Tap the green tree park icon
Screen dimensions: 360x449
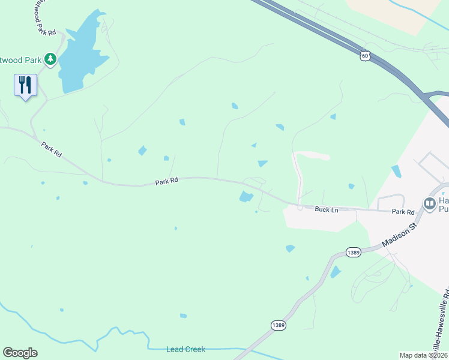[x=50, y=59]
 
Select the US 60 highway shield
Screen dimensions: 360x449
[x=366, y=56]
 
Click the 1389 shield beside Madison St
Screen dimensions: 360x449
[x=353, y=253]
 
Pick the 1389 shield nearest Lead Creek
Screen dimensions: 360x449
[x=277, y=325]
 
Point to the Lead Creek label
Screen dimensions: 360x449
[x=185, y=349]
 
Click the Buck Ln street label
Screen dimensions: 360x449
[x=327, y=209]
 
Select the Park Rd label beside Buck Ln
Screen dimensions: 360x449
[x=403, y=212]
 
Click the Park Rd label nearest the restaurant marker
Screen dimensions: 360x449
[x=52, y=149]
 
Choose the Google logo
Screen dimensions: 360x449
[x=20, y=353]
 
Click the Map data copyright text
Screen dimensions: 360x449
[x=423, y=355]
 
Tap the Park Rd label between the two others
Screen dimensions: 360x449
[x=167, y=180]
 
